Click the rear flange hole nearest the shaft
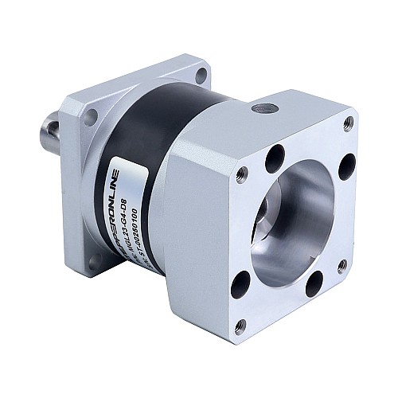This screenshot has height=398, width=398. click(x=90, y=118)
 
